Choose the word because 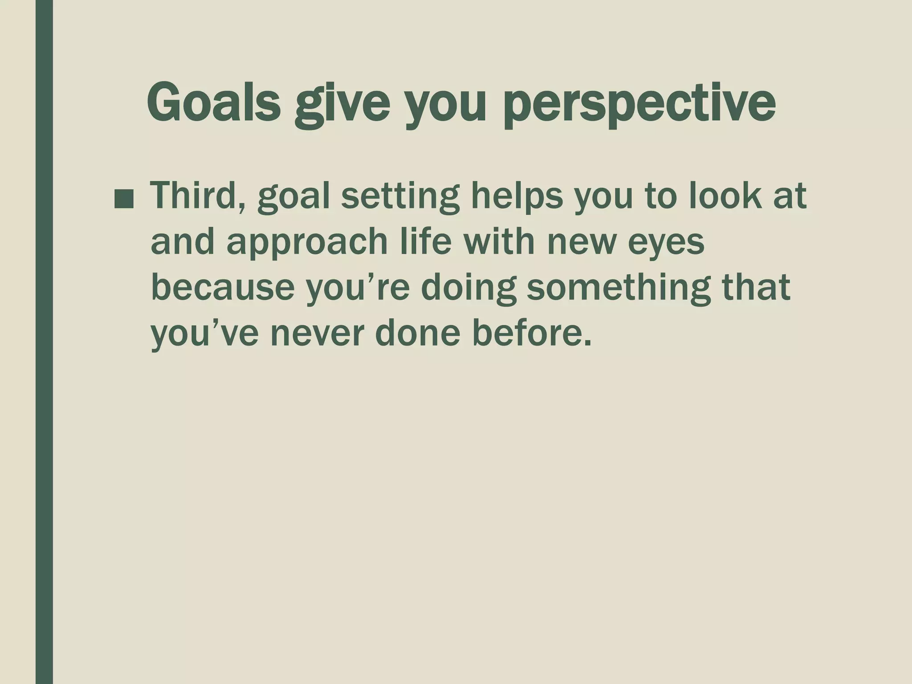click(223, 288)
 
